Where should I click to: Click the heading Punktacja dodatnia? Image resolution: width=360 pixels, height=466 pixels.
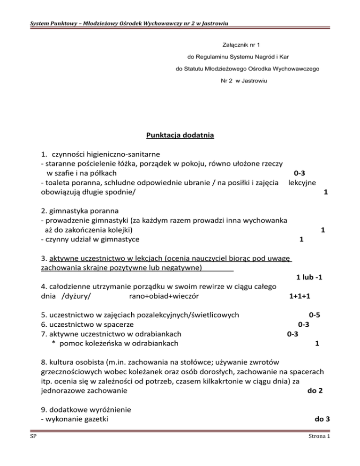(x=180, y=136)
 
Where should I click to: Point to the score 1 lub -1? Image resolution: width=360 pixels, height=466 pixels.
(x=308, y=277)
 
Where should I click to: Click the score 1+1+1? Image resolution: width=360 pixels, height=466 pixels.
(x=301, y=296)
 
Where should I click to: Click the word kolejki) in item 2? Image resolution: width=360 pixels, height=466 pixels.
(x=119, y=230)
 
